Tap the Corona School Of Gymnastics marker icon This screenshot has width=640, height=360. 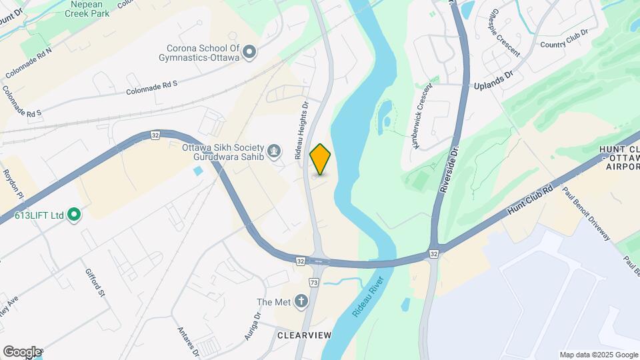(249, 52)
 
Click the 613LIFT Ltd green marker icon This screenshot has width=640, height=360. (74, 215)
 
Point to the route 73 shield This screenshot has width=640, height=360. (314, 283)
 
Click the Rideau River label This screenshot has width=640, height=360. (370, 301)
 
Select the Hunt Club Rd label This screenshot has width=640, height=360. (531, 200)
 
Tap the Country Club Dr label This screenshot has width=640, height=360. (564, 39)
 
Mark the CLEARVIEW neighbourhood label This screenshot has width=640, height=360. (304, 335)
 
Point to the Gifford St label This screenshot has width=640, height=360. (94, 283)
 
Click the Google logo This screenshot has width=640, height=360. (21, 352)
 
